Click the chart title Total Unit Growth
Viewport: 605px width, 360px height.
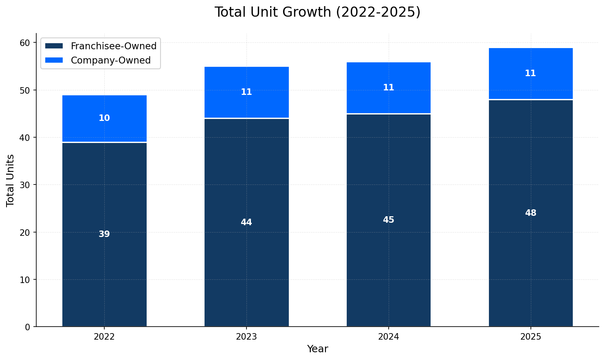tap(317, 12)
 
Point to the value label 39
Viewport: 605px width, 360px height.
tap(104, 234)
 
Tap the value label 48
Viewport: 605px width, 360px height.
tap(530, 213)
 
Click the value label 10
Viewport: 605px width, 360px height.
tap(104, 118)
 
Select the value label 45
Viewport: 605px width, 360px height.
tap(389, 220)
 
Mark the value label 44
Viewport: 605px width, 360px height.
tap(246, 222)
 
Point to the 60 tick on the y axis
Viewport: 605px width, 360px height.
tap(25, 43)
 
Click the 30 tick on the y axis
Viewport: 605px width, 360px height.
tap(25, 185)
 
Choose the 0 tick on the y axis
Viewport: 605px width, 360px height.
tap(27, 327)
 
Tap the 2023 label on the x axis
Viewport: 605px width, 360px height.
tap(246, 337)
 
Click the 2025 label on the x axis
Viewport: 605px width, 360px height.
tap(530, 337)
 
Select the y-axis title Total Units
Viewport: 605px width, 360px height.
tap(11, 180)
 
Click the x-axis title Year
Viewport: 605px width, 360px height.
tap(317, 349)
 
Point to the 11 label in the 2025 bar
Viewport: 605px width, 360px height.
tap(530, 73)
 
